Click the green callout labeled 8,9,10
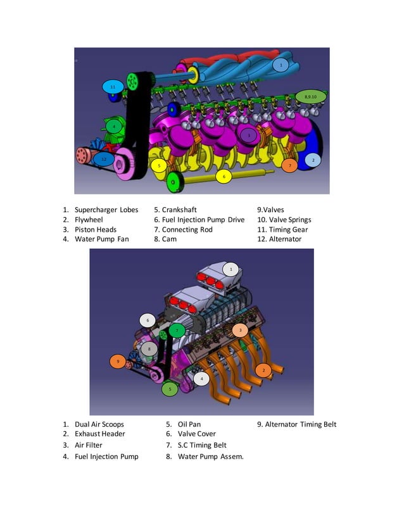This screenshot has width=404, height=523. tap(311, 96)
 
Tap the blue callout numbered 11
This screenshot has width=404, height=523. tap(113, 86)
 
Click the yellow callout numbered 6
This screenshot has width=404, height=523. tap(223, 177)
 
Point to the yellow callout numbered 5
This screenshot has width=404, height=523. tap(159, 165)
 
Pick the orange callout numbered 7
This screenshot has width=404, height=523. tap(289, 165)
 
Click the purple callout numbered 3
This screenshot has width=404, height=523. tap(249, 135)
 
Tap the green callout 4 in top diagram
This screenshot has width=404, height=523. tap(114, 126)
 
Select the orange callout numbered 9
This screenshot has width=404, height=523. tap(118, 362)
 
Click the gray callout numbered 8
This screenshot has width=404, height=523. tap(149, 348)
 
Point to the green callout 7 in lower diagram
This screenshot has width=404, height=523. tap(177, 329)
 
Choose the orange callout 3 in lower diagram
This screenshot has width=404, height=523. tap(240, 330)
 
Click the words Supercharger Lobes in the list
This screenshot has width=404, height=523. tap(106, 210)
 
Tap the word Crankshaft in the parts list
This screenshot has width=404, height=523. tap(179, 210)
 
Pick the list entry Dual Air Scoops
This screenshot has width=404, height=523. tap(99, 424)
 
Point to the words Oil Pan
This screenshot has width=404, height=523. tap(189, 424)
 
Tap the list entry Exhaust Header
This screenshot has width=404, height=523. tap(99, 434)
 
